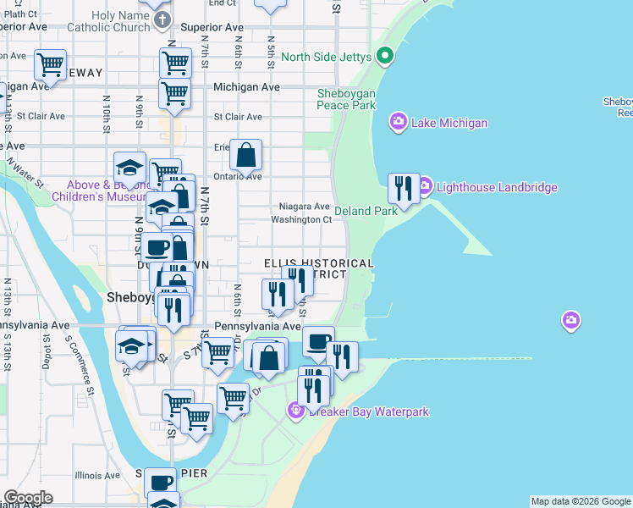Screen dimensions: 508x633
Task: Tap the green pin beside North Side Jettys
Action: (x=386, y=57)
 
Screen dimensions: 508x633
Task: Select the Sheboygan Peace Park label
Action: (x=346, y=99)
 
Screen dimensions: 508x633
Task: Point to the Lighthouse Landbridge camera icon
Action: (x=425, y=185)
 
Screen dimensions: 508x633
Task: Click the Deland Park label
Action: (x=366, y=211)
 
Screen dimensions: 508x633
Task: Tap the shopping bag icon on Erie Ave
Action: (x=245, y=156)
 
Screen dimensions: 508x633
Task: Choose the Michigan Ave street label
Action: (x=246, y=87)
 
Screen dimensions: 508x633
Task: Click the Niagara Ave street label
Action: (x=304, y=207)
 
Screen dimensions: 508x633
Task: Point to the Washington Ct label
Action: (x=301, y=220)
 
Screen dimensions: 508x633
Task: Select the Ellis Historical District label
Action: (x=318, y=269)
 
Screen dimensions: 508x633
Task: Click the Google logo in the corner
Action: (x=28, y=498)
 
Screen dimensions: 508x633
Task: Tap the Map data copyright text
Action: (x=581, y=501)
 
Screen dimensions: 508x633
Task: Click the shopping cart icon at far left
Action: (x=50, y=64)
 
